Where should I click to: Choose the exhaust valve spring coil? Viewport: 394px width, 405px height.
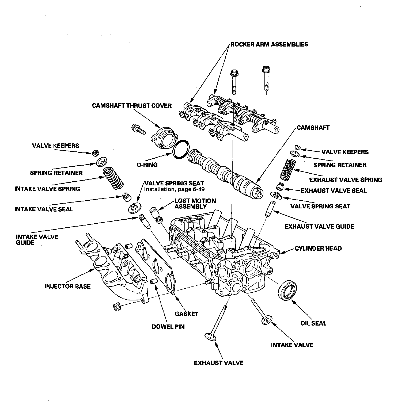287,170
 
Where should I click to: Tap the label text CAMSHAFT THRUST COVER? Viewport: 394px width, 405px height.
132,106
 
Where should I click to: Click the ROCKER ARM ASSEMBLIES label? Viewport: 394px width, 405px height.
269,44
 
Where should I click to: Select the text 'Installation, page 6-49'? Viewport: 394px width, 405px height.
174,189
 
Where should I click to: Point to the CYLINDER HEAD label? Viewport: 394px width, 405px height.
318,249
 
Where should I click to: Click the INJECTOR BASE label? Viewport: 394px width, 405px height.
67,286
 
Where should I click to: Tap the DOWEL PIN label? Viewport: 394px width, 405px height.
168,327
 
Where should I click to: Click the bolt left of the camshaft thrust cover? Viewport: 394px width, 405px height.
138,129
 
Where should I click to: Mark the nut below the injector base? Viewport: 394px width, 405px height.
117,307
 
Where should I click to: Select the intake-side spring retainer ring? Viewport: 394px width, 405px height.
102,162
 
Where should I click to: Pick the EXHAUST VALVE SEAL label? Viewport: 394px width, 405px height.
334,191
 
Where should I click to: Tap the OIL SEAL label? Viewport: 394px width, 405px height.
313,323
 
